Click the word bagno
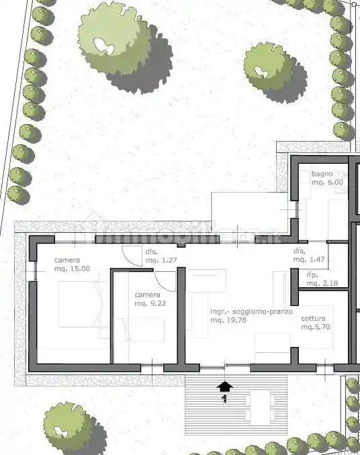click(x=322, y=174)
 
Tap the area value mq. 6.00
click(x=327, y=182)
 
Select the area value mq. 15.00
click(x=72, y=269)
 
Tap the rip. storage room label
click(x=312, y=276)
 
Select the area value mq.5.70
click(x=316, y=327)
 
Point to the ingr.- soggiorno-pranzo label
click(x=251, y=312)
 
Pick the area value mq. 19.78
click(x=228, y=321)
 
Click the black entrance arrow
click(x=225, y=386)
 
